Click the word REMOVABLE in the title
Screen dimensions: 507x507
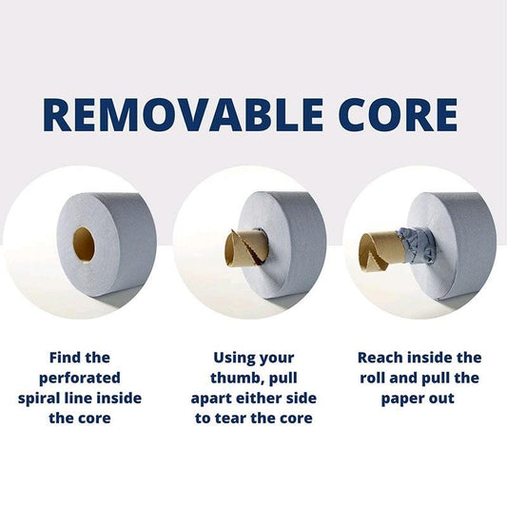pos(183,115)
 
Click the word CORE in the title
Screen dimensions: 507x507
pos(398,115)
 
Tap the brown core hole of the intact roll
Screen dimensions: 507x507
pos(84,245)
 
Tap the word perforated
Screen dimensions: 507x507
pos(80,379)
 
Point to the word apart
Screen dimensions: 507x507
pos(212,399)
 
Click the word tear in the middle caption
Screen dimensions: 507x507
pos(228,419)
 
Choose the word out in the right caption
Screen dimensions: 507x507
pos(442,399)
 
